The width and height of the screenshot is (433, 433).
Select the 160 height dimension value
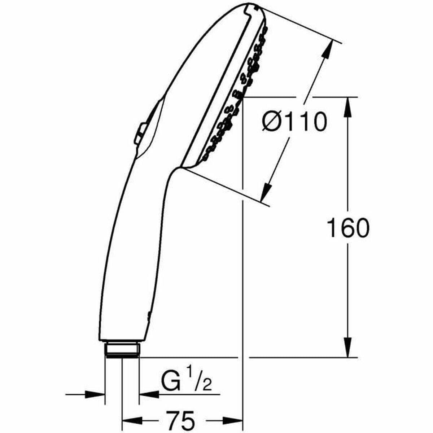click(348, 228)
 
